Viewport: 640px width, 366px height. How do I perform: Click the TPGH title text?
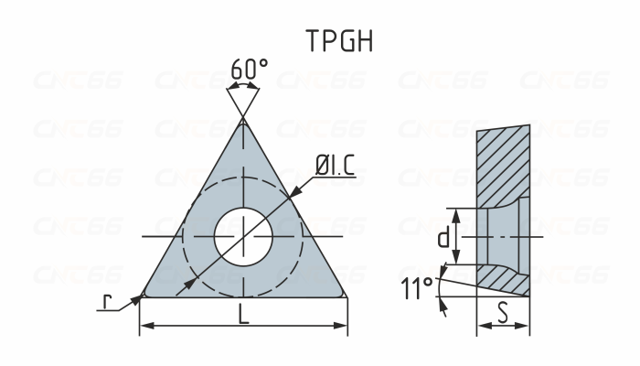coord(339,41)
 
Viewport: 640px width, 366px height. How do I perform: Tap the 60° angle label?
coord(249,70)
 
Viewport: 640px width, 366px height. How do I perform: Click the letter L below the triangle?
coord(243,314)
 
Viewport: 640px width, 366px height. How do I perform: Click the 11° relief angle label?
coord(417,290)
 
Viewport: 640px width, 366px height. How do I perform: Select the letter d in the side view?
coord(442,239)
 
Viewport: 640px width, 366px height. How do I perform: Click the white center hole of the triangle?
coord(243,237)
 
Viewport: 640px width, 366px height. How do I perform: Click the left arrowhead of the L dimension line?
coord(145,325)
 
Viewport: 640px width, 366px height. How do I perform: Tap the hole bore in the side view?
coord(498,236)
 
